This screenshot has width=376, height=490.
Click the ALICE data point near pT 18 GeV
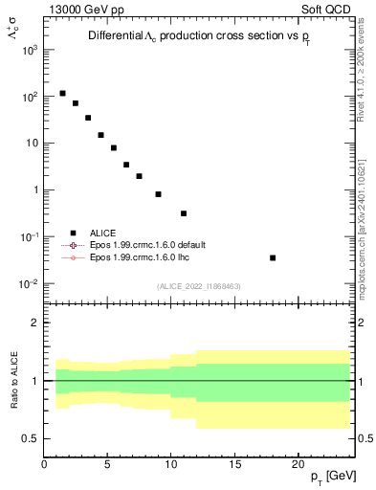click(273, 257)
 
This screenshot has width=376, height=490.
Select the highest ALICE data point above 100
click(63, 94)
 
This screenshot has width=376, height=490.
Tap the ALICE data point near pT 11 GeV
click(184, 213)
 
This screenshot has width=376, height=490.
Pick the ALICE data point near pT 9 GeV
click(158, 194)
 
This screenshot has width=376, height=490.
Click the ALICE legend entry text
click(102, 233)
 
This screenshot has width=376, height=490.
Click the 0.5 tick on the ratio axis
click(31, 438)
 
